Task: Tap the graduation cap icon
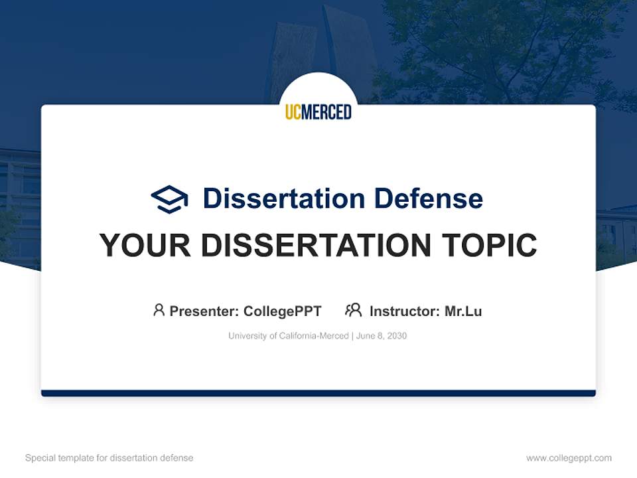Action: (x=169, y=199)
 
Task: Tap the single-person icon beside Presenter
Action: (x=159, y=310)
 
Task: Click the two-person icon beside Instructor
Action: (x=354, y=310)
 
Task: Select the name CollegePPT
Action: (x=282, y=311)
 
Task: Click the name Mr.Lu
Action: (x=463, y=311)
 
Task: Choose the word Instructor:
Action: (x=404, y=311)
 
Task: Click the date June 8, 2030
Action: (x=382, y=336)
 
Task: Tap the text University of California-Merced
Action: (x=288, y=336)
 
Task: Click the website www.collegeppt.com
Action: (x=569, y=458)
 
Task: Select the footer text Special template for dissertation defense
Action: (x=109, y=458)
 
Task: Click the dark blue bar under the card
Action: (x=318, y=393)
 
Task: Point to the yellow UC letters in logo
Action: (x=293, y=112)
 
